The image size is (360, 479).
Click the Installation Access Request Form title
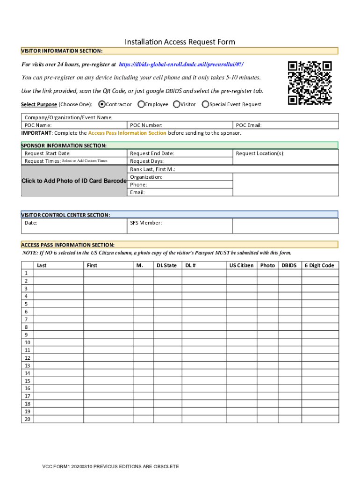(x=180, y=42)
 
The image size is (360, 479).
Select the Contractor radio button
(x=102, y=104)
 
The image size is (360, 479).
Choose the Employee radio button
(x=141, y=104)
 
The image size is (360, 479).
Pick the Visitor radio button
(x=177, y=104)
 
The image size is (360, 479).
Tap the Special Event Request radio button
(x=205, y=104)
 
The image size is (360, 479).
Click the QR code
(x=310, y=83)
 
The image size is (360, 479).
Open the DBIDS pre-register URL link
(x=181, y=64)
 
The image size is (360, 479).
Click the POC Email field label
(x=248, y=125)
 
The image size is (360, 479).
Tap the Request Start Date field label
(x=48, y=153)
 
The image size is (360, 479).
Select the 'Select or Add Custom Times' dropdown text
(x=85, y=161)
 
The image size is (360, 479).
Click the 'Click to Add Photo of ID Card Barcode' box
(x=74, y=181)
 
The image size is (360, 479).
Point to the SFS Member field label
(x=146, y=223)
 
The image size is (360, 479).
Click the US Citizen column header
(x=241, y=265)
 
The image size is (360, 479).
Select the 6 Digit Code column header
(x=319, y=265)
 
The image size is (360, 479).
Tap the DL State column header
(x=166, y=265)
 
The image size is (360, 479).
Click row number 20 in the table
(x=28, y=419)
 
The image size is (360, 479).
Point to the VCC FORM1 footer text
(x=110, y=467)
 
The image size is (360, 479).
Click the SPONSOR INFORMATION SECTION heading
(x=64, y=145)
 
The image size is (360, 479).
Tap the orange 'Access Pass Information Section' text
(x=127, y=133)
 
